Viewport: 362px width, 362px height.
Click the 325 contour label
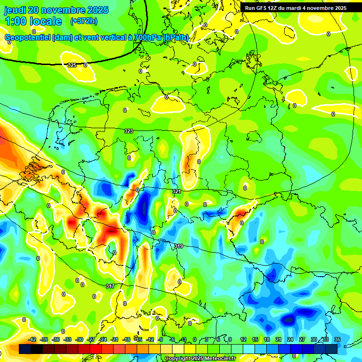click(72, 65)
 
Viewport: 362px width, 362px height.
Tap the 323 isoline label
click(129, 131)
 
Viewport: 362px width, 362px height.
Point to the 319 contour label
click(179, 246)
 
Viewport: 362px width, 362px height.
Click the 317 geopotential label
click(110, 286)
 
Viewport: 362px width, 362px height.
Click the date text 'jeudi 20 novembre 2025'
click(57, 10)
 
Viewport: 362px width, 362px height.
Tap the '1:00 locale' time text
click(33, 21)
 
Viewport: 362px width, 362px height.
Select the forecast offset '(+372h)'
click(84, 21)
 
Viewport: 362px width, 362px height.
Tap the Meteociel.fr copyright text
click(200, 359)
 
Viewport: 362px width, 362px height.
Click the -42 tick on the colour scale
click(33, 339)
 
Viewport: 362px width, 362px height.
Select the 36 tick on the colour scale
click(337, 339)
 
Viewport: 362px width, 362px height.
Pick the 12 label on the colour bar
click(243, 339)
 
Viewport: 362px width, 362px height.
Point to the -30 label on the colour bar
click(79, 339)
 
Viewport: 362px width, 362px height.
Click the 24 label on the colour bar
click(290, 339)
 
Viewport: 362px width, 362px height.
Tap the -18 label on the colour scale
click(127, 339)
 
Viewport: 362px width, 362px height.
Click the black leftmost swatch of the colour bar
click(25, 349)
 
